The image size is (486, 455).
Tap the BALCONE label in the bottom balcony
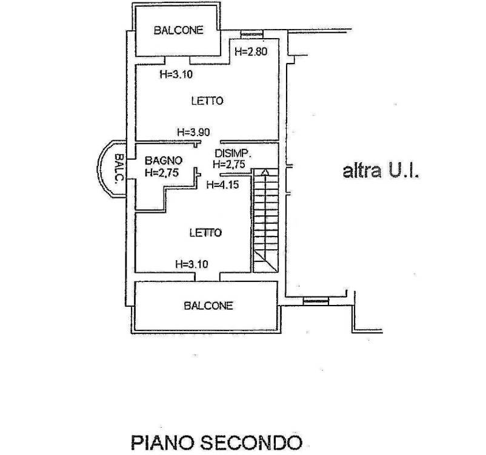click(x=208, y=306)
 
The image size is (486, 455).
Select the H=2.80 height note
click(x=250, y=51)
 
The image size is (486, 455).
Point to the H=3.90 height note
click(x=193, y=131)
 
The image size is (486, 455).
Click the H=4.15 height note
click(x=222, y=185)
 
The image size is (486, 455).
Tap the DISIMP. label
click(x=233, y=153)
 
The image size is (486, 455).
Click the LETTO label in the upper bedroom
click(x=207, y=101)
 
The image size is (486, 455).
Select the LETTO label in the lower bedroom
click(x=205, y=232)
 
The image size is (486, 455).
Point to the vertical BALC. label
click(x=119, y=168)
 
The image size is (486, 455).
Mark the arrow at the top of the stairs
click(x=265, y=172)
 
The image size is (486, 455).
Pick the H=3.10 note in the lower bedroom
click(x=191, y=263)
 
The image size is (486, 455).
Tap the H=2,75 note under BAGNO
click(x=161, y=172)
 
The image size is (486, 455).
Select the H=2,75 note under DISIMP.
click(x=229, y=164)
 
